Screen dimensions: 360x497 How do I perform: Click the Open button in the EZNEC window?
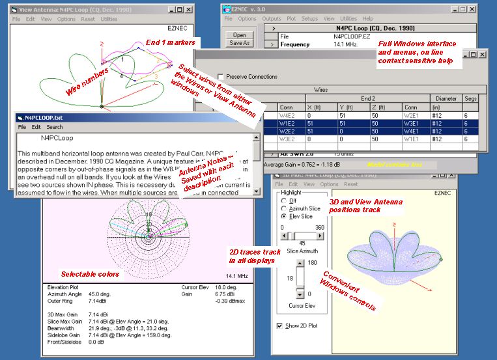tap(240, 35)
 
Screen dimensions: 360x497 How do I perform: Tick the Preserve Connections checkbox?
tap(221, 77)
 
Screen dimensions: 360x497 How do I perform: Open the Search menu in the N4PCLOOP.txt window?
tap(55, 127)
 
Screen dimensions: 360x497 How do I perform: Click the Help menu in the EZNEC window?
tap(367, 19)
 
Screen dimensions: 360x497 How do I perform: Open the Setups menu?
tap(310, 19)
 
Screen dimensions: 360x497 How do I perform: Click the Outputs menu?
tap(272, 19)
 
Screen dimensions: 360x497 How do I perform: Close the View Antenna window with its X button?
tap(188, 10)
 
